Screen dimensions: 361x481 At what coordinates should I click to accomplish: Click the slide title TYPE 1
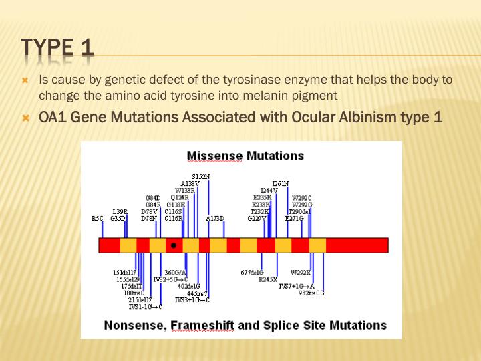[57, 47]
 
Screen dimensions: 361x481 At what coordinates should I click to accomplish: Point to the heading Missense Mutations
[245, 156]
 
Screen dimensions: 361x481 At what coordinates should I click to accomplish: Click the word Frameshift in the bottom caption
[204, 325]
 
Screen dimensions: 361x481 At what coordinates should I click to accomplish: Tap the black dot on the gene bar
[174, 245]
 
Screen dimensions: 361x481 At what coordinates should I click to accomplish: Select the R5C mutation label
[98, 218]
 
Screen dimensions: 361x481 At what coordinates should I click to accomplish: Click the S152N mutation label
[200, 176]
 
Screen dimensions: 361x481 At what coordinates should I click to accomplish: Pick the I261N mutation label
[281, 183]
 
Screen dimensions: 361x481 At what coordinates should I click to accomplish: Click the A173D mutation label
[215, 218]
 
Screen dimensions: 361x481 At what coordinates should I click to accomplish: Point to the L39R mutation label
[120, 211]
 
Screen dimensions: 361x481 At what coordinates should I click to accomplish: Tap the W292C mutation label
[302, 197]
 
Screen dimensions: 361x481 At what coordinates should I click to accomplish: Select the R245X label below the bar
[267, 279]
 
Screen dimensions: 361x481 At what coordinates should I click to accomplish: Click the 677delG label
[252, 272]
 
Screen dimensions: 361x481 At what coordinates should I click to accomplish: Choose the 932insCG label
[311, 293]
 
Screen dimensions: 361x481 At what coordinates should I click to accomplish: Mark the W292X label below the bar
[301, 272]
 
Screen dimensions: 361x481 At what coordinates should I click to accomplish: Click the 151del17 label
[124, 272]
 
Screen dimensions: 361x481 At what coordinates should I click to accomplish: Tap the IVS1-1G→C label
[145, 307]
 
